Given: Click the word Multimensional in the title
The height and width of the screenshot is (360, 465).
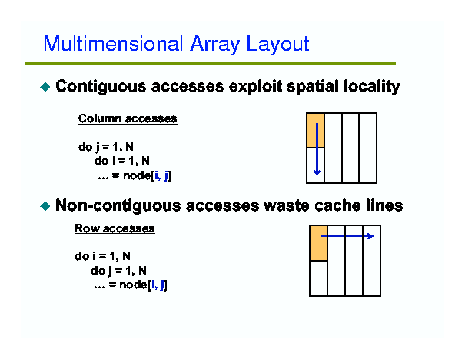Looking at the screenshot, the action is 113,44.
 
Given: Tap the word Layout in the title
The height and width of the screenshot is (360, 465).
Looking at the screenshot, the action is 278,45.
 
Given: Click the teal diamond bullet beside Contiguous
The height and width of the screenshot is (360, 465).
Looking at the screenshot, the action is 45,87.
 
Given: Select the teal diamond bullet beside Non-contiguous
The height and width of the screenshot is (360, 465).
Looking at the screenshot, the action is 45,206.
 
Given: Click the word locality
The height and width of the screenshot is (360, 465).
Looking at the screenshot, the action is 372,87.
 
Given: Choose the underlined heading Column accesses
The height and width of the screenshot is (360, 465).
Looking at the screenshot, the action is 128,118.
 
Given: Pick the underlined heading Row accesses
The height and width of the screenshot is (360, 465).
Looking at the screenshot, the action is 115,228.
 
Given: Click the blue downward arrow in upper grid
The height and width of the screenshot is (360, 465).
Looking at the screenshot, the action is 317,149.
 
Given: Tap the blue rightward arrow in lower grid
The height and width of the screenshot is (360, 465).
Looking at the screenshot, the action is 347,236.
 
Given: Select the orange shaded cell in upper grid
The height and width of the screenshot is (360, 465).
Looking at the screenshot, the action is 316,130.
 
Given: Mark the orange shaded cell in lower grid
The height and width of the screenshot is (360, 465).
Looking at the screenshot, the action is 318,243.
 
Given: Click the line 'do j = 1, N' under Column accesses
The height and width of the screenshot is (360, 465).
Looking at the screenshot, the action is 106,147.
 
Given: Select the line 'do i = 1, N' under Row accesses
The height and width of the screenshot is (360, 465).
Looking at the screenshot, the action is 102,256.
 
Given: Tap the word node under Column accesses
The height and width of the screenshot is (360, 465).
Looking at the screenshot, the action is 137,175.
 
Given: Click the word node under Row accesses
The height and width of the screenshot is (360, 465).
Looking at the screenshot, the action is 133,285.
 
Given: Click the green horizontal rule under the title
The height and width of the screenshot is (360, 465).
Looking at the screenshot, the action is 211,64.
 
